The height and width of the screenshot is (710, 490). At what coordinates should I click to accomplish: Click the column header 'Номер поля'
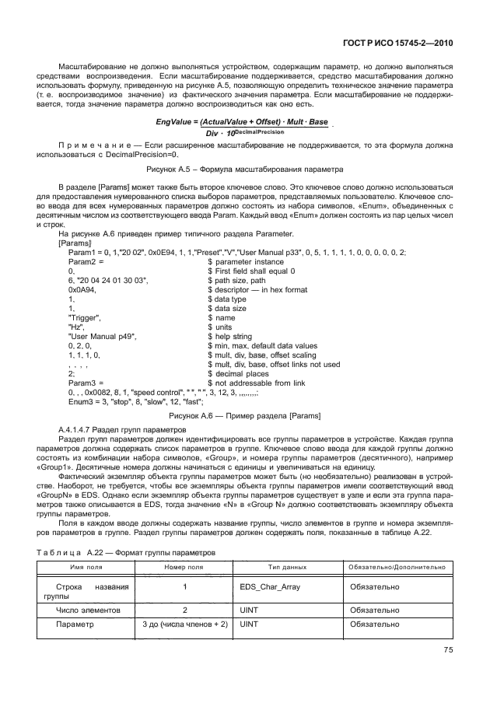point(184,568)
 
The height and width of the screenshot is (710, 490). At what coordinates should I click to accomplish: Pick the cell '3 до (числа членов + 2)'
point(184,624)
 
